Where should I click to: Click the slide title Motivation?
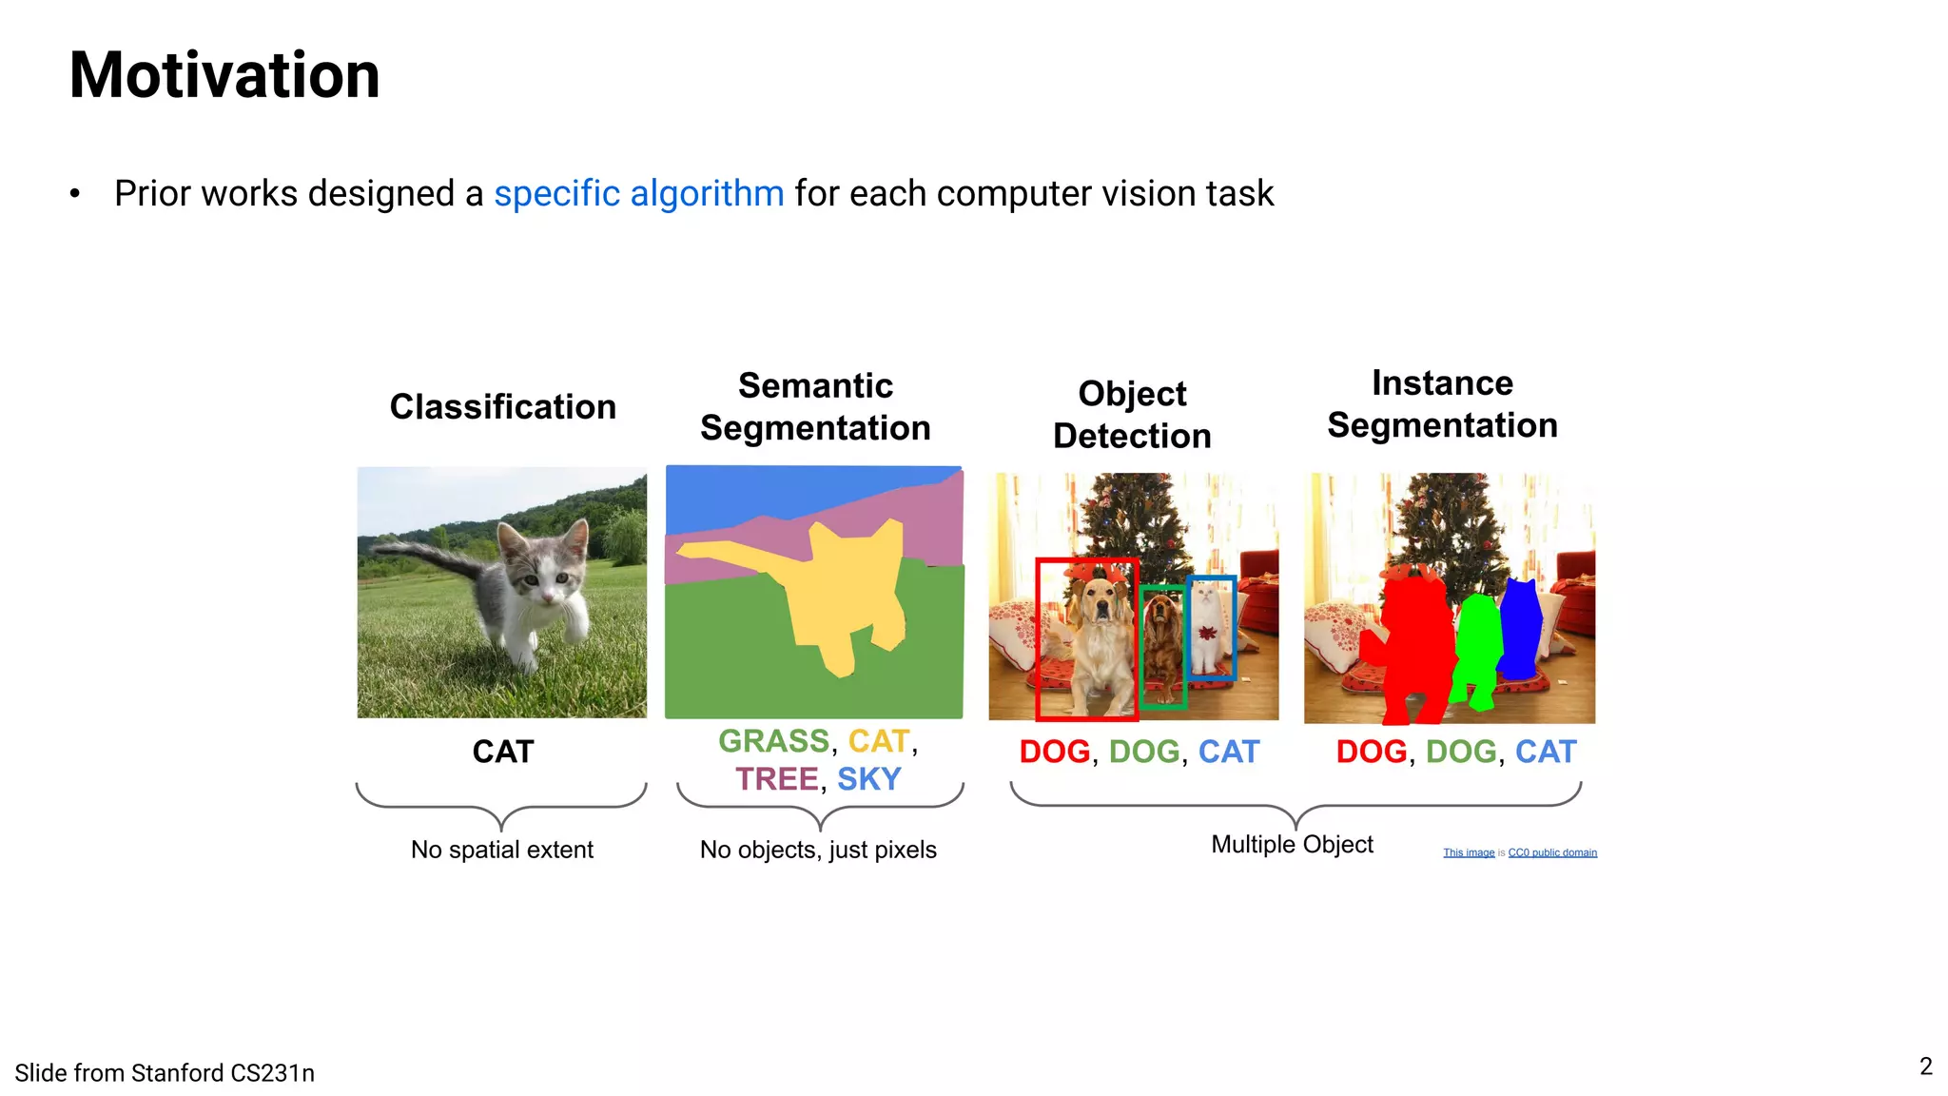coord(224,75)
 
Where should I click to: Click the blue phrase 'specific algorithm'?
coord(638,193)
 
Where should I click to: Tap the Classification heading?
coord(502,407)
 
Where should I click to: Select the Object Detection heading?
coord(1132,415)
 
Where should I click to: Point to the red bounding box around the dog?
coord(1039,637)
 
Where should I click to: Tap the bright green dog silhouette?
coord(1477,647)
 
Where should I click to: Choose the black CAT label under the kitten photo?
coord(503,752)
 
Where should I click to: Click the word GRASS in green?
coord(773,741)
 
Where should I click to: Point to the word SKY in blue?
coord(868,779)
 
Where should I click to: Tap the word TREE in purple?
coord(776,779)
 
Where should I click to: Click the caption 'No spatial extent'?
coord(501,850)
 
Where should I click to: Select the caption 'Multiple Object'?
coord(1292,845)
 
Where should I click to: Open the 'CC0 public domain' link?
coord(1552,852)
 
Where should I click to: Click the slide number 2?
coord(1925,1067)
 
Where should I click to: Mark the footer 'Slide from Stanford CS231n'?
coord(165,1073)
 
